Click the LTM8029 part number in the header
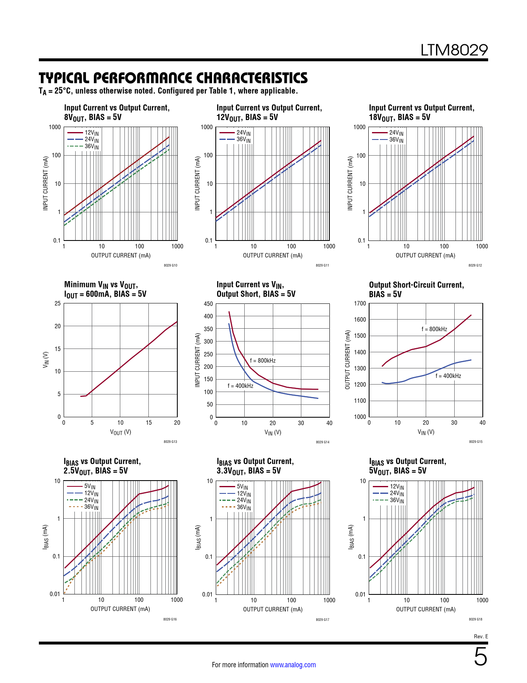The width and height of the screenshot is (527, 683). [x=454, y=50]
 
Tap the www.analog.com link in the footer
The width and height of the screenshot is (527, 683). [x=293, y=665]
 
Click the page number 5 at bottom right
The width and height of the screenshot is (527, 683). [x=480, y=657]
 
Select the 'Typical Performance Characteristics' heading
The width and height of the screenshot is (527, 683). [x=173, y=78]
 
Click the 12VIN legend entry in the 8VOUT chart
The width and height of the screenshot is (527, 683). [x=91, y=133]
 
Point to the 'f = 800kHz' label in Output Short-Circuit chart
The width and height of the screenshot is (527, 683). [x=434, y=329]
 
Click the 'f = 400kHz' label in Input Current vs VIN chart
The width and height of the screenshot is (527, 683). [x=240, y=386]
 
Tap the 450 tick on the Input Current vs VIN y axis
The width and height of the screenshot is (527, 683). [x=208, y=304]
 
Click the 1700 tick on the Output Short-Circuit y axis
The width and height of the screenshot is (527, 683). [x=360, y=303]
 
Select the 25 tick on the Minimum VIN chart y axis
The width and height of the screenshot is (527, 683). [x=57, y=303]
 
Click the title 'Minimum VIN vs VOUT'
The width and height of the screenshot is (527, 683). [x=101, y=285]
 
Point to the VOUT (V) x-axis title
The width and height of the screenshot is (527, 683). [x=120, y=432]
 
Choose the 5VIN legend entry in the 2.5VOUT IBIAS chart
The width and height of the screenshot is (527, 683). [x=89, y=486]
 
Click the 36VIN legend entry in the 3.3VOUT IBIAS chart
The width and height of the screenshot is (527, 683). [x=243, y=507]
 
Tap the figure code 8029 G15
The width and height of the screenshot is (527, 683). [x=475, y=442]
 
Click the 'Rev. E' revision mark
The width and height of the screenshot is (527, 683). [x=481, y=636]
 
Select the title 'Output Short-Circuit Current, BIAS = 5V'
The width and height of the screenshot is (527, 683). [x=416, y=289]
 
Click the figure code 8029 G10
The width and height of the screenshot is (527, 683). [x=170, y=265]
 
